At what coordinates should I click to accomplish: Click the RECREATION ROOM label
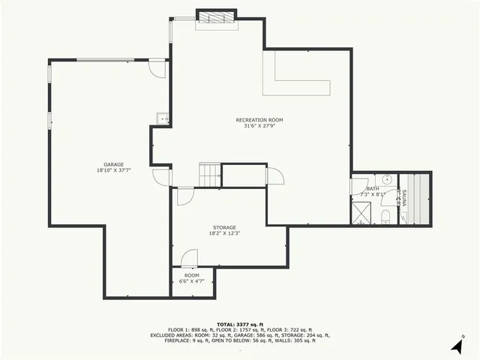click(259, 120)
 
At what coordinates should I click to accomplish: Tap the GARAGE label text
click(114, 164)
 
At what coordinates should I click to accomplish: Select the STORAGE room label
click(224, 227)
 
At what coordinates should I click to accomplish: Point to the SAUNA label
click(404, 199)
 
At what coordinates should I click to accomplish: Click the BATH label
click(373, 188)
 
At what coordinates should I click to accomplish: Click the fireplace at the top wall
click(217, 16)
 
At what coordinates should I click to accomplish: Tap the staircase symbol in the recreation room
click(209, 175)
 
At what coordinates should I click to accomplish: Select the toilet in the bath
click(385, 217)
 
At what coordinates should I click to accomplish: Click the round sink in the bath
click(387, 179)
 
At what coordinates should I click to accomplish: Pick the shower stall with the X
click(361, 213)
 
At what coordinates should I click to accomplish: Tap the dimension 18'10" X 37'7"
click(114, 170)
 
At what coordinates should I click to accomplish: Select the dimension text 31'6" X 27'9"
click(259, 126)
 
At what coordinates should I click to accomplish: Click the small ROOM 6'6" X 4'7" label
click(192, 278)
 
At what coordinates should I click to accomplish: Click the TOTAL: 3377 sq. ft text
click(240, 322)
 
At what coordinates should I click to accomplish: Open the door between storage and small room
click(189, 258)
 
